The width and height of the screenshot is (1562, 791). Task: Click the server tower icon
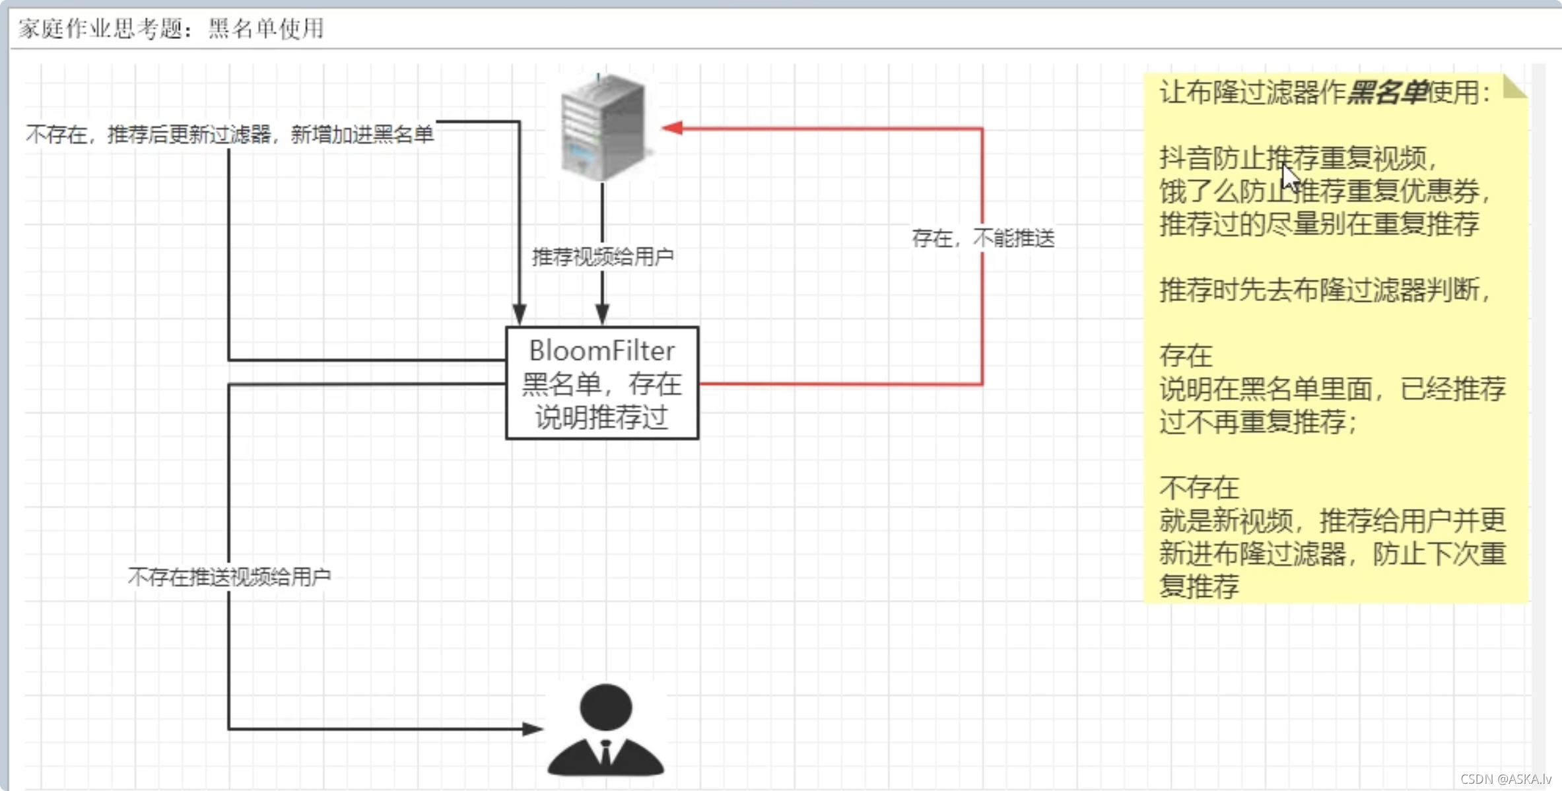[x=603, y=127]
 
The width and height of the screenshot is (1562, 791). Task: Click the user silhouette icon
[x=605, y=730]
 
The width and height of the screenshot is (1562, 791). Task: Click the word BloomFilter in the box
[x=602, y=351]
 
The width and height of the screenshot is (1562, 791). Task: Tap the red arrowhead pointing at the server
[x=672, y=127]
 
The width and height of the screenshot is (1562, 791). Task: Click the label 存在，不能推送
[x=983, y=238]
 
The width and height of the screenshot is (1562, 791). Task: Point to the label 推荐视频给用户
[x=603, y=256]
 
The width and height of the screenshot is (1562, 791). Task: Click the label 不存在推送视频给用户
[x=229, y=577]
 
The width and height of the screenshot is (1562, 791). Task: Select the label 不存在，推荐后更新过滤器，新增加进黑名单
[x=229, y=135]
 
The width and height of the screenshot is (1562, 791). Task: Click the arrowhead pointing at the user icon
[x=532, y=729]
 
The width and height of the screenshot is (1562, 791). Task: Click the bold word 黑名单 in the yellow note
[x=1386, y=92]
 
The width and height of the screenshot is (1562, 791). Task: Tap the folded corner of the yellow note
[x=1514, y=87]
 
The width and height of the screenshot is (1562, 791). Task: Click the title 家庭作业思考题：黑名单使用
[x=171, y=28]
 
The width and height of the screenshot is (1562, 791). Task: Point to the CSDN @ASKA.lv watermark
[x=1506, y=779]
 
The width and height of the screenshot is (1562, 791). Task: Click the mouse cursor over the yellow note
[x=1290, y=177]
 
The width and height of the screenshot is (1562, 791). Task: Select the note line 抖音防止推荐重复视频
[x=1298, y=158]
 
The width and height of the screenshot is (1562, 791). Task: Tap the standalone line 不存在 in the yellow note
[x=1199, y=488]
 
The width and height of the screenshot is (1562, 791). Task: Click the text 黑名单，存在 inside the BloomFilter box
[x=602, y=384]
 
